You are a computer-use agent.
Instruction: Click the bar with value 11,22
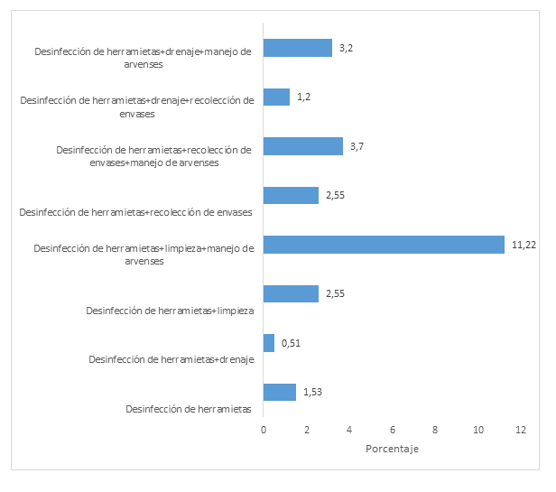point(384,245)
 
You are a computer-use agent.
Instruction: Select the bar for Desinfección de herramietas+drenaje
point(269,343)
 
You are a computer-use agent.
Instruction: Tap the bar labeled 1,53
point(280,392)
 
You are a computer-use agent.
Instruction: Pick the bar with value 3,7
point(303,146)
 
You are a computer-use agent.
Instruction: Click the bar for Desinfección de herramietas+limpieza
point(291,293)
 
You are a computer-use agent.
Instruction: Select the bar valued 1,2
point(276,97)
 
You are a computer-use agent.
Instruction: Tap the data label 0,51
point(291,343)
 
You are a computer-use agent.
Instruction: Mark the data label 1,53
point(312,392)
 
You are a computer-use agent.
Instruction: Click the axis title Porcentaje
point(393,450)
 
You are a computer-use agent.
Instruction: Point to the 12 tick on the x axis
point(521,431)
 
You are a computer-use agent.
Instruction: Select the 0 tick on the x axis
point(264,431)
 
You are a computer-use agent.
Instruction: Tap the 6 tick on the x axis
point(393,431)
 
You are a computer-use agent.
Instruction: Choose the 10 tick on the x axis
point(477,431)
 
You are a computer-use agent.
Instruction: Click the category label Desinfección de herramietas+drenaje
point(171,359)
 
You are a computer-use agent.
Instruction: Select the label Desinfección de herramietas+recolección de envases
point(135,212)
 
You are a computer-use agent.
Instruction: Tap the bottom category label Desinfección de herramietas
point(189,409)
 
